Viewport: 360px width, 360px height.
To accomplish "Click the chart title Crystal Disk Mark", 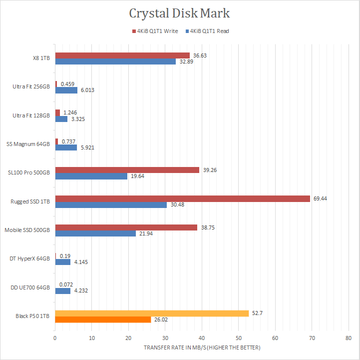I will click(x=180, y=13).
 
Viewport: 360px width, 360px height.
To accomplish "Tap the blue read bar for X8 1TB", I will click(x=115, y=61).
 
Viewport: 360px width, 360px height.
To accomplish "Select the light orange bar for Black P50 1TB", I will click(x=152, y=313).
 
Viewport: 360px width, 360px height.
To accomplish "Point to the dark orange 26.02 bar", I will click(x=103, y=319).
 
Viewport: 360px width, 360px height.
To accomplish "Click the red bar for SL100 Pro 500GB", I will click(x=127, y=170).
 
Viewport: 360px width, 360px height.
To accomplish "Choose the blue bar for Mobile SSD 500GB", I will click(x=95, y=233).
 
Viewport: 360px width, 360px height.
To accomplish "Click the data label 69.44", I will click(x=320, y=198).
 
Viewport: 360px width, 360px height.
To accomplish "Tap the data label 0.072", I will click(x=66, y=284).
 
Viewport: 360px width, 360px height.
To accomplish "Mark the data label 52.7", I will click(x=257, y=313).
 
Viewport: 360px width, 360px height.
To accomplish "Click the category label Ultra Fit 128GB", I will click(x=31, y=115).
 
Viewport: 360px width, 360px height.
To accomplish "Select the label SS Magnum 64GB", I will click(x=28, y=144).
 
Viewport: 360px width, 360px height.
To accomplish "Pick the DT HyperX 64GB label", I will click(x=29, y=258).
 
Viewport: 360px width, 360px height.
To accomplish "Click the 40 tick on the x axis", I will click(x=202, y=338).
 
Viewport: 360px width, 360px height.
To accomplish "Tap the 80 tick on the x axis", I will click(x=348, y=338).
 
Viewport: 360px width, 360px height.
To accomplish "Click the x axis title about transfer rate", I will click(x=202, y=347).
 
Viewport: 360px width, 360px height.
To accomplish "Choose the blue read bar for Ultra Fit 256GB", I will click(x=66, y=90).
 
